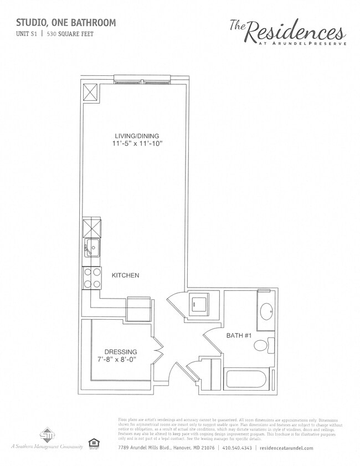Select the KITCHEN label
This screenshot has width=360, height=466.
(125, 275)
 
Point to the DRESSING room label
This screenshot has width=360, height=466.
(121, 352)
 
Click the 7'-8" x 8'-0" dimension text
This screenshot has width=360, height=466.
(120, 360)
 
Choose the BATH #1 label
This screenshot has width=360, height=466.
(239, 335)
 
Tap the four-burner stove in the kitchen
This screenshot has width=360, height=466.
(92, 278)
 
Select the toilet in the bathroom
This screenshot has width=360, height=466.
(262, 346)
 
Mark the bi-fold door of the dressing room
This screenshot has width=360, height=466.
(158, 349)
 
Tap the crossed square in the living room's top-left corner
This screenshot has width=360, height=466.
(91, 92)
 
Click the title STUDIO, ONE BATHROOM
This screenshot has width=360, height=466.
(66, 23)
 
